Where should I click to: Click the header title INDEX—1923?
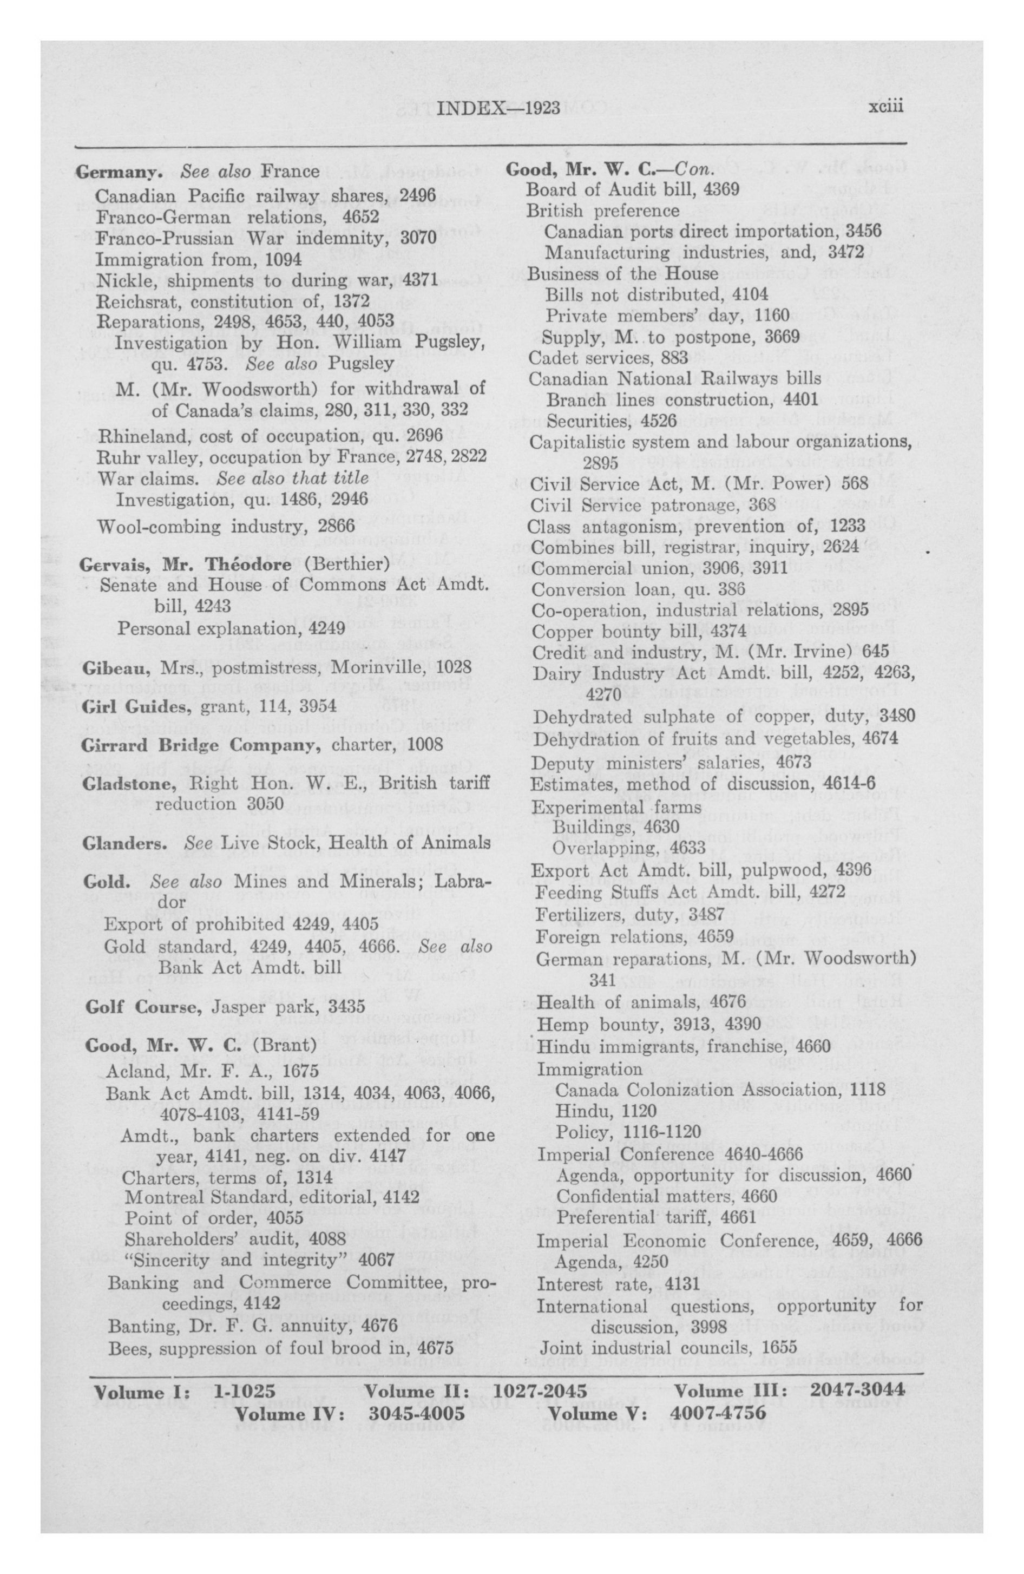click(499, 108)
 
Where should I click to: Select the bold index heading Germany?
click(119, 172)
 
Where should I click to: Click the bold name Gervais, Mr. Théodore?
click(185, 564)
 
